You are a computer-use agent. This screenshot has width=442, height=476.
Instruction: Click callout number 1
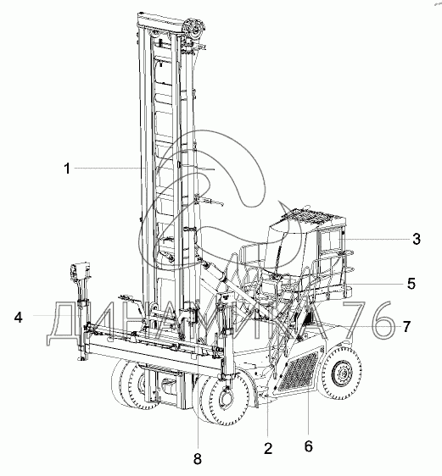click(x=67, y=169)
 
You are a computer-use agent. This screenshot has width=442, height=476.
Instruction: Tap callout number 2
click(x=268, y=448)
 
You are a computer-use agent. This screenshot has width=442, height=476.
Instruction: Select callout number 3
click(x=417, y=239)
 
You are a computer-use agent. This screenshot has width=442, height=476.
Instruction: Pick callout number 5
click(x=411, y=284)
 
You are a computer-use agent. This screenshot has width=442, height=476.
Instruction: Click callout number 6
click(x=308, y=446)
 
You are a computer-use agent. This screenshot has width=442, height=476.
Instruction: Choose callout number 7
click(x=406, y=327)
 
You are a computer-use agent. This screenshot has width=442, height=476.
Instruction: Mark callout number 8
click(x=198, y=459)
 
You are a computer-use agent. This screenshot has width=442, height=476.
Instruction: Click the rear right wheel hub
click(x=341, y=374)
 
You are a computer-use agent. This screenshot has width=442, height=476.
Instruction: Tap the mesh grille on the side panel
click(x=299, y=372)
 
